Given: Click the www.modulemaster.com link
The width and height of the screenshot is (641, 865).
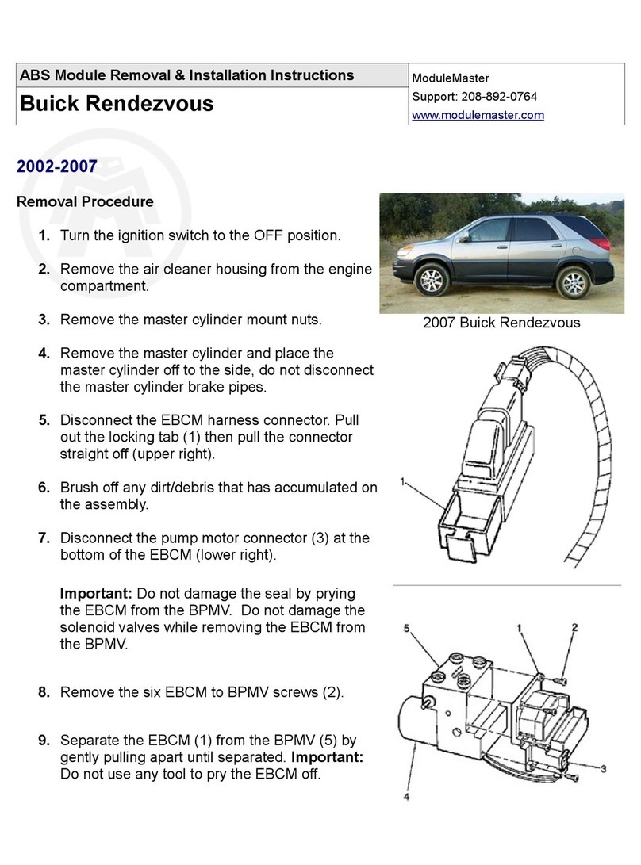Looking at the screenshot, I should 477,115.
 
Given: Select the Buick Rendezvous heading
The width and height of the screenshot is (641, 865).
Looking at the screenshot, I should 116,104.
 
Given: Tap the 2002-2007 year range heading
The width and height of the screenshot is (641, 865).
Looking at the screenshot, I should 56,166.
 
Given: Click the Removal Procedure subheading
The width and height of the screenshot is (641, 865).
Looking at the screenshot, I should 85,202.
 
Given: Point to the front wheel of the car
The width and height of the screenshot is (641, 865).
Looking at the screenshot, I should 432,281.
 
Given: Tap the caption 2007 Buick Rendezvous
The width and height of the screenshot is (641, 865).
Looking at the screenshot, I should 501,323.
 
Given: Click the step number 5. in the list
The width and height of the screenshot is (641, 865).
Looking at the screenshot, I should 45,419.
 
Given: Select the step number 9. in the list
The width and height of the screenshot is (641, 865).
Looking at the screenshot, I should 45,741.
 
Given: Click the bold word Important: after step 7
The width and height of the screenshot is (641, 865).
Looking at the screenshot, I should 97,594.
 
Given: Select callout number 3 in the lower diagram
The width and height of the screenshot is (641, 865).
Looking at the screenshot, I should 603,768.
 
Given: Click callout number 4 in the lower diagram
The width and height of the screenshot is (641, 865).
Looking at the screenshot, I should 406,798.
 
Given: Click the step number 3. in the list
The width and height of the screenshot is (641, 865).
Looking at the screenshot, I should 45,320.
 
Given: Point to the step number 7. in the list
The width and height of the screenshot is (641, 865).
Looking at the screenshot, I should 45,538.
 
